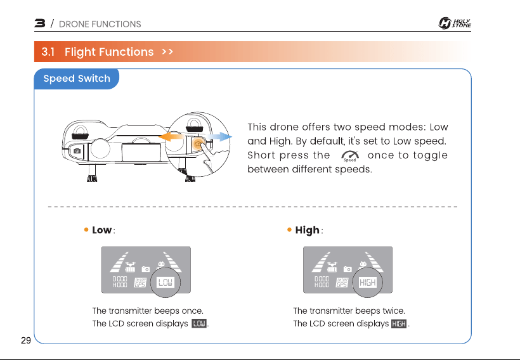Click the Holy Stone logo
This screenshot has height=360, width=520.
[454, 23]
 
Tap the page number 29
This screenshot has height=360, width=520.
[26, 340]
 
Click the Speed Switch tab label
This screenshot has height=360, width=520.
[77, 79]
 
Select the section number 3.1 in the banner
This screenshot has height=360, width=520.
[48, 52]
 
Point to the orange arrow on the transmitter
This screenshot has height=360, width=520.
[171, 136]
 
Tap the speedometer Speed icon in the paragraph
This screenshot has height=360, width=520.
[350, 156]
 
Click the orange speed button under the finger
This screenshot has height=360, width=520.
[198, 145]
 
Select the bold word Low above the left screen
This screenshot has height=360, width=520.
[102, 230]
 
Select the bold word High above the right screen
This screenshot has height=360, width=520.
[307, 230]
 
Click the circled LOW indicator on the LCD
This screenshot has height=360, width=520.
[166, 282]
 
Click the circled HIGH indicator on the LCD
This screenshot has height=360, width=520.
[367, 282]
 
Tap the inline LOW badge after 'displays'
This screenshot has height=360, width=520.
[199, 323]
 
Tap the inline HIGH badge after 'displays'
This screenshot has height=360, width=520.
[399, 323]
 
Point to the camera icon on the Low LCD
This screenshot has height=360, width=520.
[146, 269]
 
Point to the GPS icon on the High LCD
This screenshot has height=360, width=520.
[342, 283]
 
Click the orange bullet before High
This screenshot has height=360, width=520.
[289, 229]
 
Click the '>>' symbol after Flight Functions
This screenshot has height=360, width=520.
[167, 52]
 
